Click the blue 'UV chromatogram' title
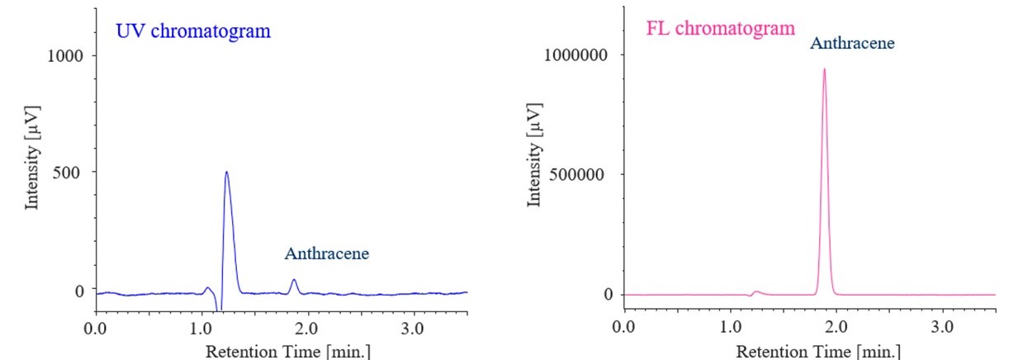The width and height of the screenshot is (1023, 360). click(x=193, y=32)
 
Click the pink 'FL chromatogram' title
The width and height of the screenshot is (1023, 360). click(x=719, y=27)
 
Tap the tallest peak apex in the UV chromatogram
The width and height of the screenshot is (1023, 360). click(x=226, y=173)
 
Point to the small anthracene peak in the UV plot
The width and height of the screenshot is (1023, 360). click(x=294, y=281)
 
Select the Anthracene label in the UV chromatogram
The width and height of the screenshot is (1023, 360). click(x=326, y=254)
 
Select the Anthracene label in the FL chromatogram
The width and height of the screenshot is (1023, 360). click(x=851, y=43)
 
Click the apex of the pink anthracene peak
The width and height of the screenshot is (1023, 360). click(x=823, y=70)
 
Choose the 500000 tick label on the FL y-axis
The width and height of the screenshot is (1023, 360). click(x=581, y=174)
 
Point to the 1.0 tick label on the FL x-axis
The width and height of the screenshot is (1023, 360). click(x=731, y=327)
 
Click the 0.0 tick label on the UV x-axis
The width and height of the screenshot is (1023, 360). click(x=97, y=328)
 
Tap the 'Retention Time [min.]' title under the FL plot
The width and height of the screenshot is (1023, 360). click(x=817, y=351)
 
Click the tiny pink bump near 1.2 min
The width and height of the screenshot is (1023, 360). click(x=756, y=291)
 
